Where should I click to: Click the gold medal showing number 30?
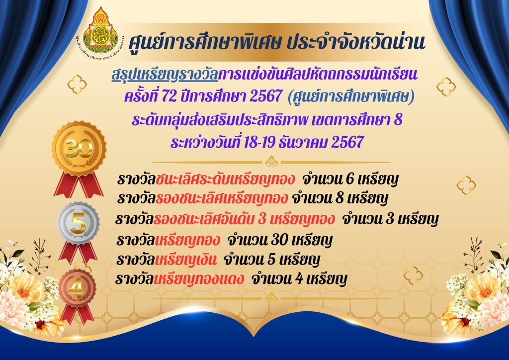(x=79, y=149)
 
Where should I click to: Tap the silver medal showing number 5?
(x=78, y=223)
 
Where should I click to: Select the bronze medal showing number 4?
(x=77, y=288)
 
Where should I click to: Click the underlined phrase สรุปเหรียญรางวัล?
(x=165, y=75)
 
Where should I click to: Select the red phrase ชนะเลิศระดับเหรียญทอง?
(x=225, y=179)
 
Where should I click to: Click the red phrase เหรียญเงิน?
(x=186, y=260)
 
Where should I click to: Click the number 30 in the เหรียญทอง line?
(x=279, y=240)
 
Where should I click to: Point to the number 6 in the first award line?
(x=349, y=179)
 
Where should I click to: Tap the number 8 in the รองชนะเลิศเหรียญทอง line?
(x=339, y=198)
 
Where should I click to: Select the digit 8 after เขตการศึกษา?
(x=398, y=120)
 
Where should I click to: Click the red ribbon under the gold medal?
(x=79, y=184)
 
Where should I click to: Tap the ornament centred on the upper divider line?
(x=271, y=162)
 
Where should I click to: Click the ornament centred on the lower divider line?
(x=271, y=298)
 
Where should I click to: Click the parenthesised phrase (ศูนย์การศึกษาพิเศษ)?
(x=351, y=96)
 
